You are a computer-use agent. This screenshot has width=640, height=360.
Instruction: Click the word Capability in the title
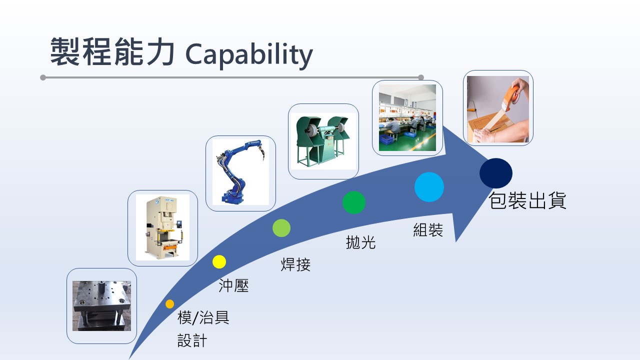point(249,54)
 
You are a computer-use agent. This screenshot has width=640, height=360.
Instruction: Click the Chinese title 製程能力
point(112,52)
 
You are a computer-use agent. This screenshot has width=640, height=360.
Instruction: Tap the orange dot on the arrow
point(169,304)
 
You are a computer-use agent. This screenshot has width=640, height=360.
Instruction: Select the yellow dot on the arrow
point(219,261)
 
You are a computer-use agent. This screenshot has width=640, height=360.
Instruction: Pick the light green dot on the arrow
point(281,228)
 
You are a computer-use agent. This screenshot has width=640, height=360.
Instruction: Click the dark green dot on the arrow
point(354,202)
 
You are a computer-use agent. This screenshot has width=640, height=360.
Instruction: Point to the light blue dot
point(429,187)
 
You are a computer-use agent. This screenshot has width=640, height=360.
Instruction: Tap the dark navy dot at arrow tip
point(496,173)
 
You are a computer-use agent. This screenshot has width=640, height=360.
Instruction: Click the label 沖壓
point(233,285)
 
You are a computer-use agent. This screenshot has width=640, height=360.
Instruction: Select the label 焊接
point(295,264)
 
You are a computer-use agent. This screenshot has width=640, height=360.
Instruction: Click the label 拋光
point(361,242)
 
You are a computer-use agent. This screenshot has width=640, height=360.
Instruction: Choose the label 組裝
point(428,230)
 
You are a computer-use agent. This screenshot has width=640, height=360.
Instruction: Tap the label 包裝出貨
point(527,200)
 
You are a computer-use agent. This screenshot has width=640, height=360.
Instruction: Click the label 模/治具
point(203,317)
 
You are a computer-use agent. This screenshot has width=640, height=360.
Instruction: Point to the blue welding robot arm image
point(240,172)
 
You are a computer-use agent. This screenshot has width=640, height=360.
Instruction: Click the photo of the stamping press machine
point(162,227)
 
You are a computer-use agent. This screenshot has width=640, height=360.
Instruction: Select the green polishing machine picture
point(323,141)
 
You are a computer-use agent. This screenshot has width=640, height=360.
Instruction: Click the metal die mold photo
point(101,305)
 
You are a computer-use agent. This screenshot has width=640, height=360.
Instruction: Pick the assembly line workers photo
point(407,117)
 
